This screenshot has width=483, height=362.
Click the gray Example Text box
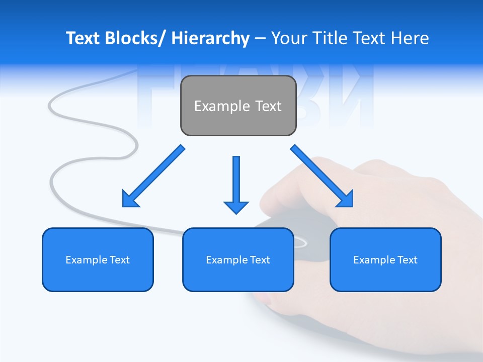[x=238, y=106]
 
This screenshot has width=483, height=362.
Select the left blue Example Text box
[x=98, y=259]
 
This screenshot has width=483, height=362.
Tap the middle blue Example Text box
[x=238, y=259]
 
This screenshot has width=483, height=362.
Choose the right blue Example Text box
[x=385, y=259]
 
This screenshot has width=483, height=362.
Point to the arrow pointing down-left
[x=153, y=176]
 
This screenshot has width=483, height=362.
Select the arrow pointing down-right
[x=322, y=176]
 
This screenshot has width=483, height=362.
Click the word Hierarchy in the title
[x=210, y=38]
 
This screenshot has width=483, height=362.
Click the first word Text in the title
[x=84, y=38]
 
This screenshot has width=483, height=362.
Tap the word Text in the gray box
[x=268, y=106]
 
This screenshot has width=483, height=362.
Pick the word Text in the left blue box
[x=119, y=260]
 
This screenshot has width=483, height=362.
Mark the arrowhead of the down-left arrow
[x=130, y=199]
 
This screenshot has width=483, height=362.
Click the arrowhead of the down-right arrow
[x=346, y=199]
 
